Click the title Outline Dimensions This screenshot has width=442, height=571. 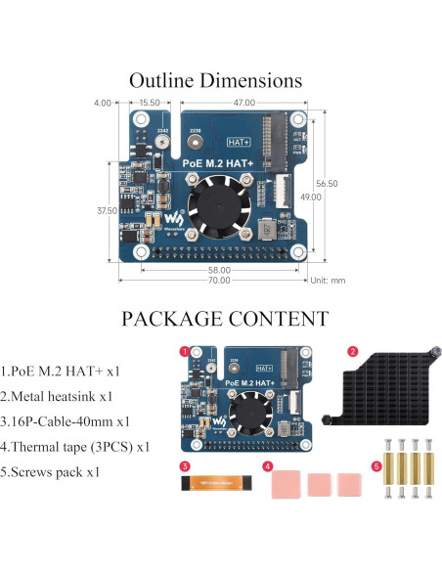click(x=215, y=80)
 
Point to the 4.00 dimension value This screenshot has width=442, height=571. click(x=102, y=103)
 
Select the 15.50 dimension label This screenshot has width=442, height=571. click(x=150, y=103)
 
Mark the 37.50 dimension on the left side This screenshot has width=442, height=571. click(x=106, y=209)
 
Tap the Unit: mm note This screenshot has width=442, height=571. click(x=327, y=280)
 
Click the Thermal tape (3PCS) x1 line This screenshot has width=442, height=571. click(x=77, y=447)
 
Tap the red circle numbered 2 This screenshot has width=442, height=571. click(x=353, y=350)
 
